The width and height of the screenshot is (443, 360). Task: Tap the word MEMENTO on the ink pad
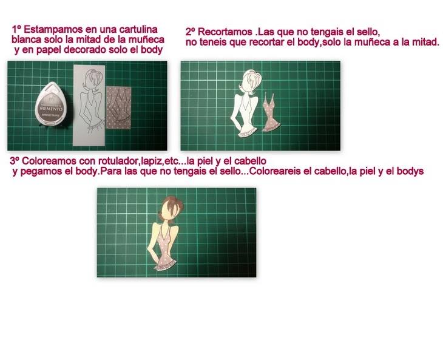click(51, 108)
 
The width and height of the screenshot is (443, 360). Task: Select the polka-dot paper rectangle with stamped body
click(119, 107)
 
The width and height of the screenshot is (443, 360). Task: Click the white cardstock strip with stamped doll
click(89, 106)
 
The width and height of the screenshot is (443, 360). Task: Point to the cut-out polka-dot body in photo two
click(271, 114)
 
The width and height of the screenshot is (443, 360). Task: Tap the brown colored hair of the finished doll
click(173, 206)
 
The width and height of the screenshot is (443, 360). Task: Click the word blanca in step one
click(26, 39)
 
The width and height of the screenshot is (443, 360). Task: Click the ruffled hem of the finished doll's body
click(166, 266)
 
